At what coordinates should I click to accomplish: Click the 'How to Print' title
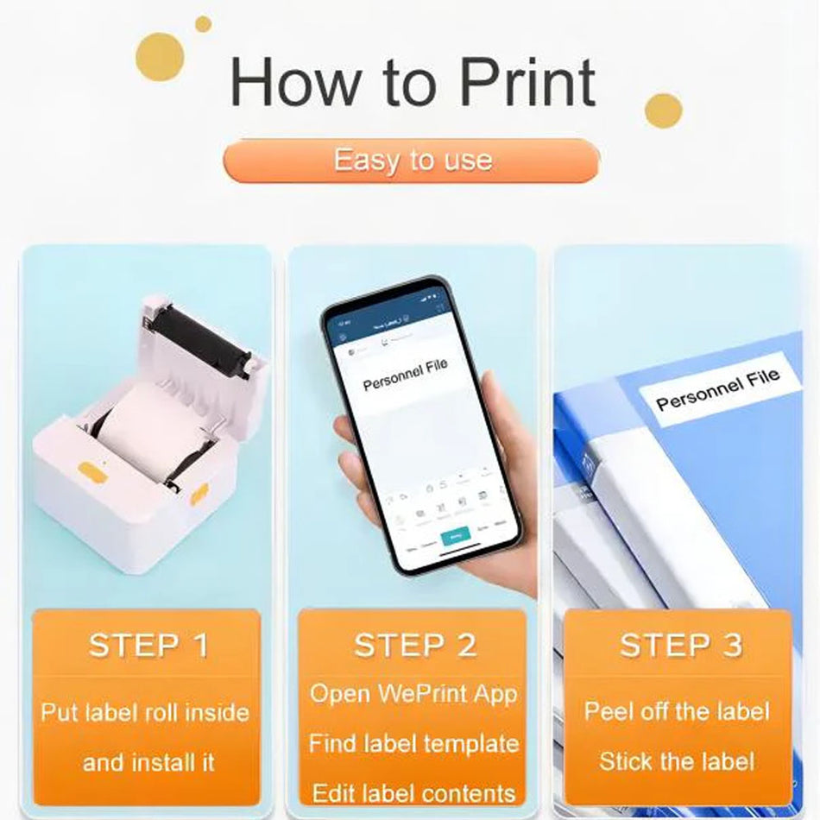[x=412, y=83]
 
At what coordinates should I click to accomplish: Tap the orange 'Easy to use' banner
[x=412, y=161]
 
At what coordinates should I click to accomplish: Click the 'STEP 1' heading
[x=148, y=646]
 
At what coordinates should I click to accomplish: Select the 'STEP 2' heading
[x=414, y=646]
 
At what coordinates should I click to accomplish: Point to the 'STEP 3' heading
[x=680, y=646]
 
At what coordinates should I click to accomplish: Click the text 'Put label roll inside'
[x=145, y=713]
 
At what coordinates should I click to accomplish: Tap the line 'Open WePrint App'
[x=413, y=693]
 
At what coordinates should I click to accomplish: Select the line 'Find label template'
[x=413, y=743]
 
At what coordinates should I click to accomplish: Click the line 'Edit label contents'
[x=413, y=792]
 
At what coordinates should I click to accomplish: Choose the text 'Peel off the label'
[x=677, y=711]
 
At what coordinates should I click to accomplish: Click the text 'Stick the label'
[x=677, y=761]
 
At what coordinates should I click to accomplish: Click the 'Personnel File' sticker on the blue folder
[x=717, y=389]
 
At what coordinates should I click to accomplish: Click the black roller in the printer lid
[x=202, y=341]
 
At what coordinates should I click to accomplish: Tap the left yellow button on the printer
[x=89, y=470]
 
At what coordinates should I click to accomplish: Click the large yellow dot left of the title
[x=160, y=57]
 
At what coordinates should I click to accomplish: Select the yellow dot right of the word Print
[x=663, y=110]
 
